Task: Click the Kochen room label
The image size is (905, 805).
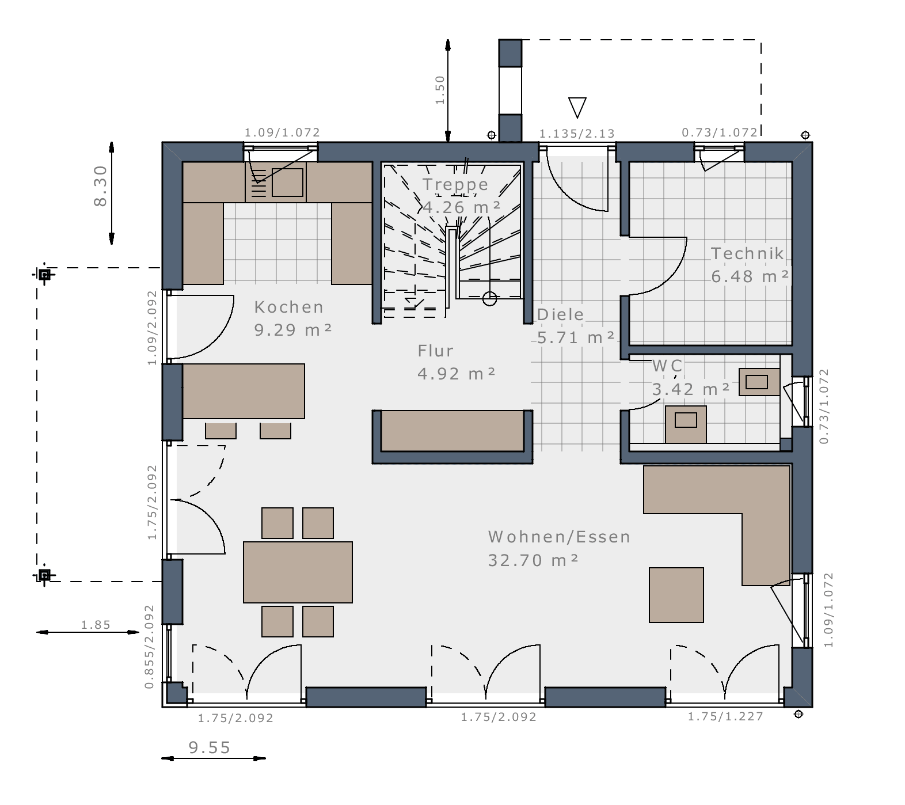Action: pyautogui.click(x=289, y=307)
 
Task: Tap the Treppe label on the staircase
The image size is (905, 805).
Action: pyautogui.click(x=455, y=185)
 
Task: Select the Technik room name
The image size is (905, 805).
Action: pyautogui.click(x=747, y=253)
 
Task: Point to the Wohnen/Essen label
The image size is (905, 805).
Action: pyautogui.click(x=559, y=537)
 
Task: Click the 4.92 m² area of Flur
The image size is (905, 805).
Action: pyautogui.click(x=456, y=374)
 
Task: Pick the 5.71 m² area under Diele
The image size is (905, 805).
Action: pyautogui.click(x=576, y=337)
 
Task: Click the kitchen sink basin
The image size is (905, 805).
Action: pyautogui.click(x=287, y=183)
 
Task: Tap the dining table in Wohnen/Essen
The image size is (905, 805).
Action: pyautogui.click(x=298, y=572)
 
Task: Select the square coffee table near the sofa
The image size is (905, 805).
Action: pyautogui.click(x=676, y=595)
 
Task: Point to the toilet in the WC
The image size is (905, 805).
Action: pyautogui.click(x=686, y=424)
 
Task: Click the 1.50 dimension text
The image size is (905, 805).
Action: pyautogui.click(x=440, y=90)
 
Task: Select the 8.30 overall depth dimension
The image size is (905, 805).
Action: pyautogui.click(x=100, y=186)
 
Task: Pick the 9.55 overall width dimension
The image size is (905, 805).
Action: pyautogui.click(x=210, y=747)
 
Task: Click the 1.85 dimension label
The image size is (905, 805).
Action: pyautogui.click(x=96, y=625)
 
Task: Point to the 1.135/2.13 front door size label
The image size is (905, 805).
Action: pyautogui.click(x=577, y=134)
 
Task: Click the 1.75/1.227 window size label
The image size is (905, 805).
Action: pyautogui.click(x=725, y=716)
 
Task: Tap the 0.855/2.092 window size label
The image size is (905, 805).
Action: pyautogui.click(x=150, y=647)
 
